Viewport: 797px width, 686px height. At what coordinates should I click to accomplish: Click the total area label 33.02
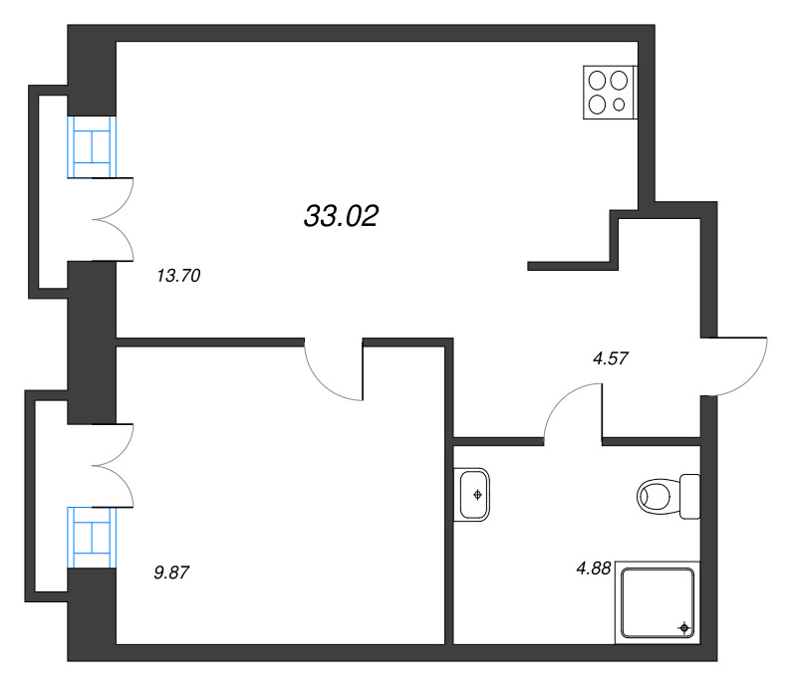(341, 216)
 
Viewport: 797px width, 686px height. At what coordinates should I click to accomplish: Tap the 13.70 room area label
(178, 276)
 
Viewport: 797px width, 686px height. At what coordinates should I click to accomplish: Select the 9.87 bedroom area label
(171, 572)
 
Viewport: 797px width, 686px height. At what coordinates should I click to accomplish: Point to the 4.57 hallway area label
(611, 358)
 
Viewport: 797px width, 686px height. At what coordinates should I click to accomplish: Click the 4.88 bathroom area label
(593, 569)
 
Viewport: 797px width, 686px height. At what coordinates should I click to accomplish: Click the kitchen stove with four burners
(610, 93)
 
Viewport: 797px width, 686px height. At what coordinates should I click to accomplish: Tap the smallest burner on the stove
(619, 105)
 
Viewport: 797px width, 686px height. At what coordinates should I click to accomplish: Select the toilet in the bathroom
(668, 497)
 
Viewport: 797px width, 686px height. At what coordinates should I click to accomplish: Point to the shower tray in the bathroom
(658, 602)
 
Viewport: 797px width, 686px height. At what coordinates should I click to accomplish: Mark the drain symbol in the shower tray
(684, 628)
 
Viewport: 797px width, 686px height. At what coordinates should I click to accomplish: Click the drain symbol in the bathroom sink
(477, 495)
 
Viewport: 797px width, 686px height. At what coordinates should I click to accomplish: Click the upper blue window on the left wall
(92, 146)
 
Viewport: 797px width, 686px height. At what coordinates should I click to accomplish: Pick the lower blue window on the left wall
(92, 537)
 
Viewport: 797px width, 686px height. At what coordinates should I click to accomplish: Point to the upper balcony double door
(113, 219)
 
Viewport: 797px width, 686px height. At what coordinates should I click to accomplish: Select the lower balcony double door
(113, 465)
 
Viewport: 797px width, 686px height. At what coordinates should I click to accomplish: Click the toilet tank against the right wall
(689, 497)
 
